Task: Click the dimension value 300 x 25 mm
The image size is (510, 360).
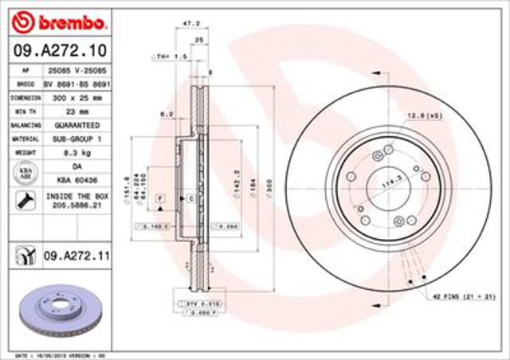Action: coord(77,96)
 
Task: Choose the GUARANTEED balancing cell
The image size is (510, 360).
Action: coord(77,125)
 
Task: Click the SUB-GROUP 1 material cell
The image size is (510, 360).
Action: coord(77,139)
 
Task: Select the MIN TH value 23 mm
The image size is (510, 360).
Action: coord(77,111)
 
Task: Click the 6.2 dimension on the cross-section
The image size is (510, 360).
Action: coord(167,114)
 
